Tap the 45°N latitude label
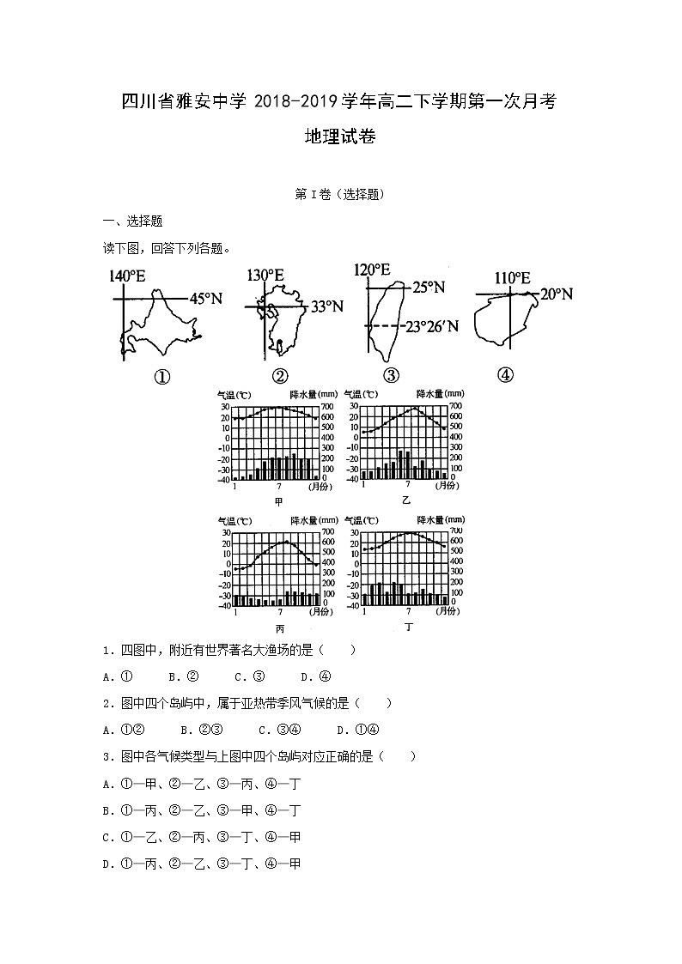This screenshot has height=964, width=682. point(206,299)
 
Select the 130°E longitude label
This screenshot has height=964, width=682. point(265,276)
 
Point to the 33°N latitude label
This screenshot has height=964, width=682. point(326,306)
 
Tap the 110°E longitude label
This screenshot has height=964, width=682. point(512,278)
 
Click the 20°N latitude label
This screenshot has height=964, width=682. point(557,294)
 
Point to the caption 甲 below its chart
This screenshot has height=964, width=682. point(277,501)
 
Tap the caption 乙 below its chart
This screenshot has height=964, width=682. point(405,500)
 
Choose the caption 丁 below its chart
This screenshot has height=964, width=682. point(409,628)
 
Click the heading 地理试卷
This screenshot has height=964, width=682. point(340,137)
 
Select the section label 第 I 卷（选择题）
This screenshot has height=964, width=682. point(340,194)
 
